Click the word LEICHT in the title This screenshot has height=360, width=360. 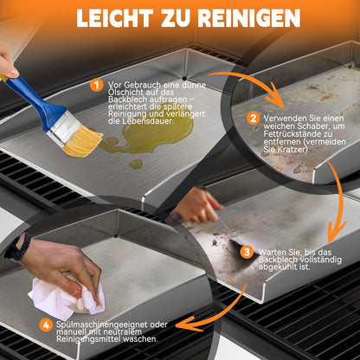click(x=115, y=18)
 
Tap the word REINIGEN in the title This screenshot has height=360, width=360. click(x=249, y=18)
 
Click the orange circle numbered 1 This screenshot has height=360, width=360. click(x=96, y=85)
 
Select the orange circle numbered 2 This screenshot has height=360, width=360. click(x=254, y=119)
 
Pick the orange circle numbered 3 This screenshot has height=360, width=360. click(x=247, y=252)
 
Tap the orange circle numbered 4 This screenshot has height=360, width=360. click(x=46, y=325)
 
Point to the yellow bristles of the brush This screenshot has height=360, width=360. click(x=83, y=141)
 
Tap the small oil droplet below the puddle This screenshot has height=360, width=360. click(x=136, y=164)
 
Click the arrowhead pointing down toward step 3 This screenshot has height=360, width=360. click(x=337, y=232)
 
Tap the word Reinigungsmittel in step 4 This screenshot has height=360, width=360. click(x=86, y=339)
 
